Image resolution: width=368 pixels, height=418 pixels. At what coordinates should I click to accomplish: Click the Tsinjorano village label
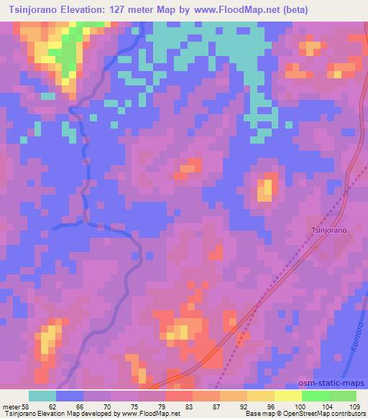tap(329, 231)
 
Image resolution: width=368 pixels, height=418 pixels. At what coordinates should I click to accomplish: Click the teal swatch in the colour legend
tap(42, 396)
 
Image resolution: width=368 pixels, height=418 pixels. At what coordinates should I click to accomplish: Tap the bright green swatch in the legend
tap(316, 396)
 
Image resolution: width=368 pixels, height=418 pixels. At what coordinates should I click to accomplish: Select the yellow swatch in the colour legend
tap(288, 396)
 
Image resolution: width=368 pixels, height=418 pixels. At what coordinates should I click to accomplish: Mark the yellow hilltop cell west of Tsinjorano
tap(264, 190)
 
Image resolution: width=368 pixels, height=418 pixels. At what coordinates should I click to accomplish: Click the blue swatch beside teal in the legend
tap(70, 396)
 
